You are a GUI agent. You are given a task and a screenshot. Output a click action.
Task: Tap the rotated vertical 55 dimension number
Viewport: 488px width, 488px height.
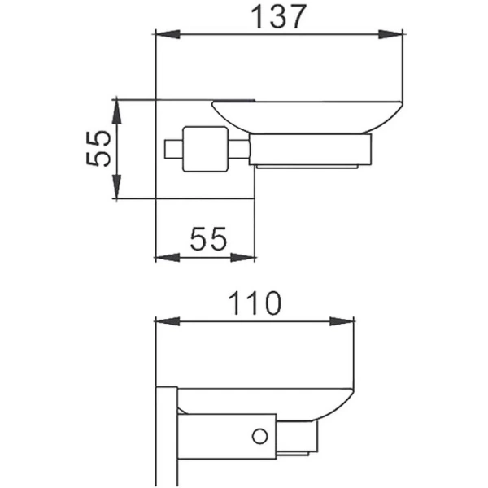98,149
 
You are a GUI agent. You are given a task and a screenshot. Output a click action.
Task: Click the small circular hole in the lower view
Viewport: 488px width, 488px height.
260,437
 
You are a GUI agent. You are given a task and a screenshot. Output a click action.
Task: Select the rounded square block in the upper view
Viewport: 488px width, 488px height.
203,149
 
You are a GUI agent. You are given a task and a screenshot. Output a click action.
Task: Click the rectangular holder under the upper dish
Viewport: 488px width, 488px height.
309,150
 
